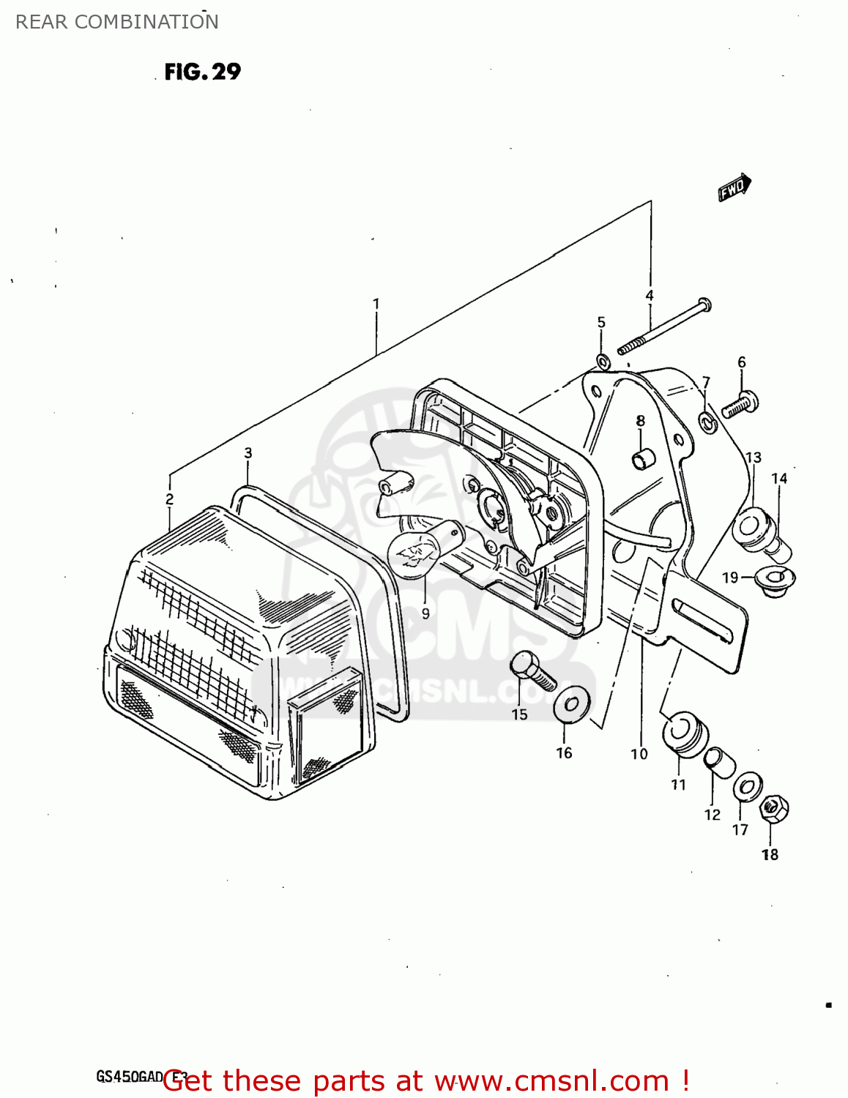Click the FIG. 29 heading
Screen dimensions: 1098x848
pos(202,72)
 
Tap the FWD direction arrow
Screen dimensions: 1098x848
pos(734,187)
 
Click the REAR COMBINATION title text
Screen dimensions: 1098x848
pos(117,22)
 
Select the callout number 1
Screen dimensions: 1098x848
pos(376,303)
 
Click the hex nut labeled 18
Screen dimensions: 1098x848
pos(773,810)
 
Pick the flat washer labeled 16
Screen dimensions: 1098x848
pos(572,704)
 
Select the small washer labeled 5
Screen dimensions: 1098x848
pos(603,362)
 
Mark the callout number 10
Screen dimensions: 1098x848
pos(639,753)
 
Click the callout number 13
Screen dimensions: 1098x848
pos(753,457)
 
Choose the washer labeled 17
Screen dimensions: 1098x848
pos(746,787)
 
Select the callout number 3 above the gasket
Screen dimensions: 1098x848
pos(248,453)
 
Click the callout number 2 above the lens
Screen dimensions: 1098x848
pos(169,499)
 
